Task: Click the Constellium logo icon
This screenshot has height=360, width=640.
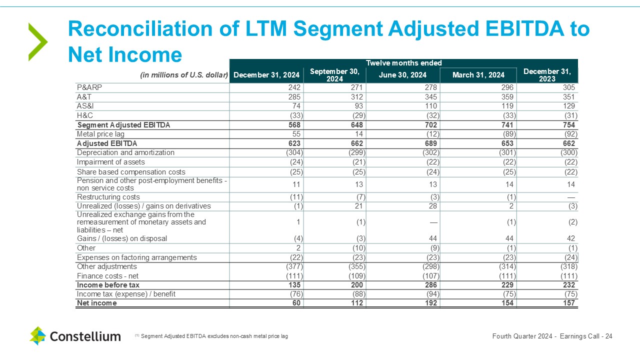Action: coord(37,336)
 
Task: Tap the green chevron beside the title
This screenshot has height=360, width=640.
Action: coord(37,42)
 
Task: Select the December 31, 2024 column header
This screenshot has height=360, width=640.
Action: coord(266,75)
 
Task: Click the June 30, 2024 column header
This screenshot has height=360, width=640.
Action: coord(402,75)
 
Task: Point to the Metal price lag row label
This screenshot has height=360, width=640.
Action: coord(100,134)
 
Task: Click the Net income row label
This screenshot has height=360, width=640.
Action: coord(96,303)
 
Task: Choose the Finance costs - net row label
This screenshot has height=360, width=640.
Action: coord(107,276)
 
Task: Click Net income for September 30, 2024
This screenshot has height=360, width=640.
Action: coord(356,303)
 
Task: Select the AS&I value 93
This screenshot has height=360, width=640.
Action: coord(358,106)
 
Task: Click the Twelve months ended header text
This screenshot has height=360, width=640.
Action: coord(403,63)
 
